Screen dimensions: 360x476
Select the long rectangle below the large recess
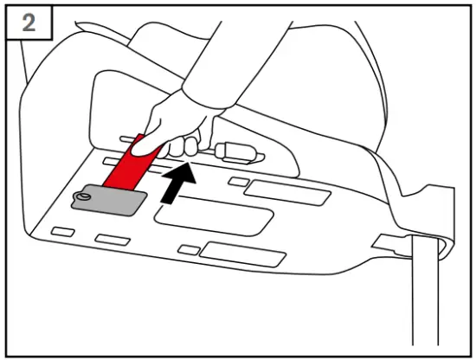coord(238,253)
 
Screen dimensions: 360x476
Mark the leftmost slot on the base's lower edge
coord(63,233)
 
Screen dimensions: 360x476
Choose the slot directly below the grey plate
coord(113,239)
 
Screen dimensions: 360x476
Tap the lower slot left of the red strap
coord(110,161)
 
